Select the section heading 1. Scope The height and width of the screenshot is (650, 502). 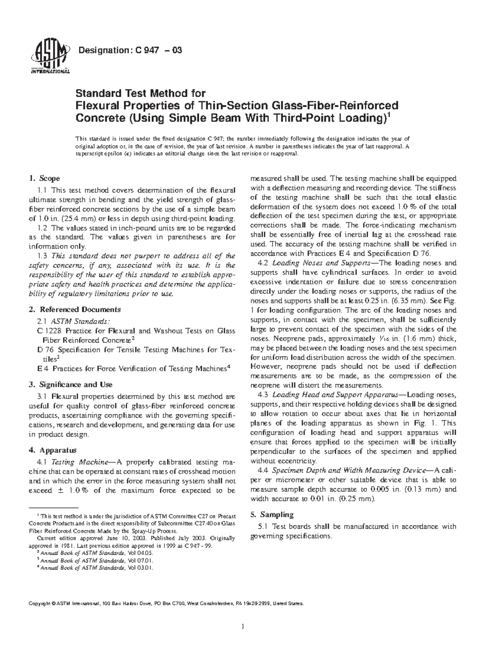pyautogui.click(x=44, y=179)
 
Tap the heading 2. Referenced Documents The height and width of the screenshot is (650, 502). pyautogui.click(x=74, y=310)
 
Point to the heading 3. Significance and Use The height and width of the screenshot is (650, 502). pyautogui.click(x=70, y=385)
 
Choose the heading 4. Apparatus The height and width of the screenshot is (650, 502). pyautogui.click(x=52, y=450)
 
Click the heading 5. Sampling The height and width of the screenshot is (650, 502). pyautogui.click(x=271, y=514)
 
